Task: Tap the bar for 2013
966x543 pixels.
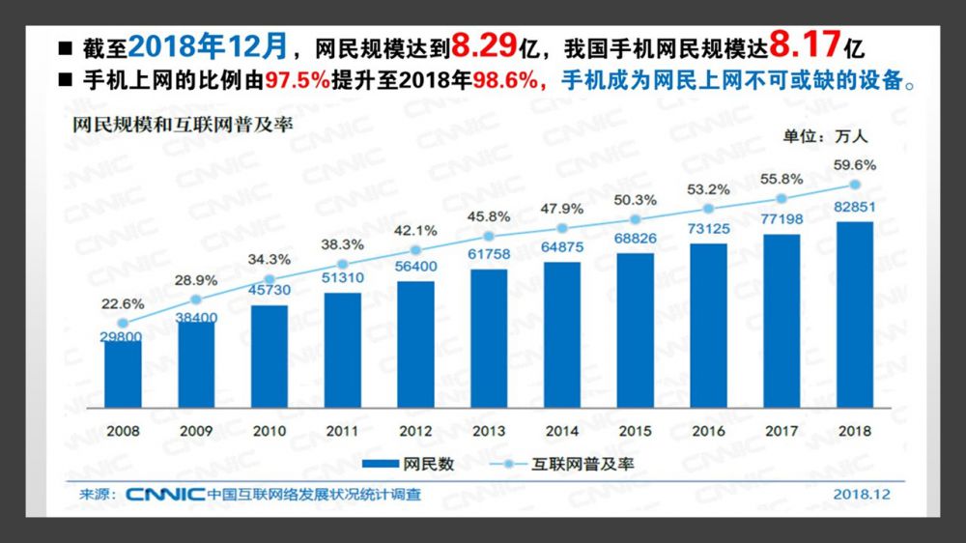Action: coord(489,338)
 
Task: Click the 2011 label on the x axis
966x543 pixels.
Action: coord(342,431)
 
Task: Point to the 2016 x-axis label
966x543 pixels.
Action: coord(708,431)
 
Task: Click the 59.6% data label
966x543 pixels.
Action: coord(855,165)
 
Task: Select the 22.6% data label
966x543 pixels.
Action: coord(123,303)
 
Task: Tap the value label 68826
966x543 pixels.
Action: coord(636,238)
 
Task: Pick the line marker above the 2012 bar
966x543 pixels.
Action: coord(415,250)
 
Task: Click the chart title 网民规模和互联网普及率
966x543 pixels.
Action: coord(183,126)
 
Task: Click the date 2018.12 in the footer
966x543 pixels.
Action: coord(862,495)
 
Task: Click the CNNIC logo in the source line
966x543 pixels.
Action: coord(163,495)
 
